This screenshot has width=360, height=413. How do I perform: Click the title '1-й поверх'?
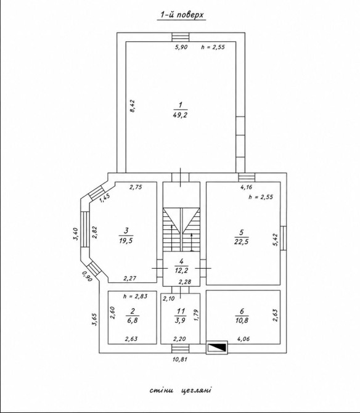tap(181, 15)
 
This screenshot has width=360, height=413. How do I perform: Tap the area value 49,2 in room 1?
tap(180, 115)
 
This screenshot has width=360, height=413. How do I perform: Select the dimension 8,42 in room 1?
tap(132, 106)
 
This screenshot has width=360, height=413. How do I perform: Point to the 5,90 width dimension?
tap(181, 47)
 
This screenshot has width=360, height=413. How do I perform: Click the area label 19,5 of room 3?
tap(126, 240)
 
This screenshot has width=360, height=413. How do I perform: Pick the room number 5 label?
tap(242, 232)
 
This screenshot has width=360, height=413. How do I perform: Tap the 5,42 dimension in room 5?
tap(275, 240)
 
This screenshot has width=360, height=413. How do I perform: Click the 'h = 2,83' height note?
tap(135, 296)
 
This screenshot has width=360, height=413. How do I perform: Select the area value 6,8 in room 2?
tap(132, 321)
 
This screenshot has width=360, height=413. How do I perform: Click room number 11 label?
tap(181, 311)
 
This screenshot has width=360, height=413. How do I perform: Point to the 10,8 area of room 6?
tap(242, 321)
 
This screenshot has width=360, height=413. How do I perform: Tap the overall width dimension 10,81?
tap(180, 359)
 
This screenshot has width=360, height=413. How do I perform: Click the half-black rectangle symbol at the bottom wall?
tap(217, 348)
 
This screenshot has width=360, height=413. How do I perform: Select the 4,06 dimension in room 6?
tap(243, 339)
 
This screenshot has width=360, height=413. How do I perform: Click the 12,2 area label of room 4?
tap(181, 270)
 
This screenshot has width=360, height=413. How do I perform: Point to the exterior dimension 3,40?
tap(75, 234)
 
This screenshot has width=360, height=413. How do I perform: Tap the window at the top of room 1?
tap(181, 37)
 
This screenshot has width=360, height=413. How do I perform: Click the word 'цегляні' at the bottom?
tap(196, 390)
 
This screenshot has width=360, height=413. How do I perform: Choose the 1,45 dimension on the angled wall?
tap(105, 198)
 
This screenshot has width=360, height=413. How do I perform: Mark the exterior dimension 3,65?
tap(94, 319)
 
